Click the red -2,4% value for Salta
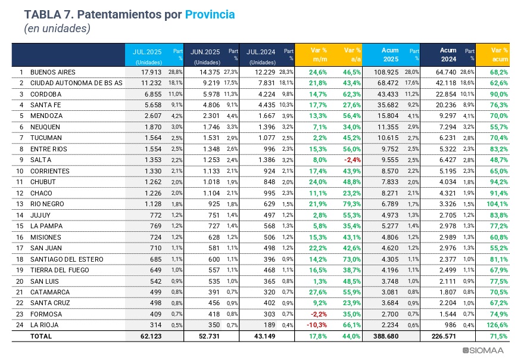(x=351, y=160)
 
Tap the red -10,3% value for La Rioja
(x=317, y=325)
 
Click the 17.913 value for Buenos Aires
(x=151, y=72)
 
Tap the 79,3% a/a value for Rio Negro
(x=351, y=204)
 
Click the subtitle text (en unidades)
(x=57, y=28)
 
